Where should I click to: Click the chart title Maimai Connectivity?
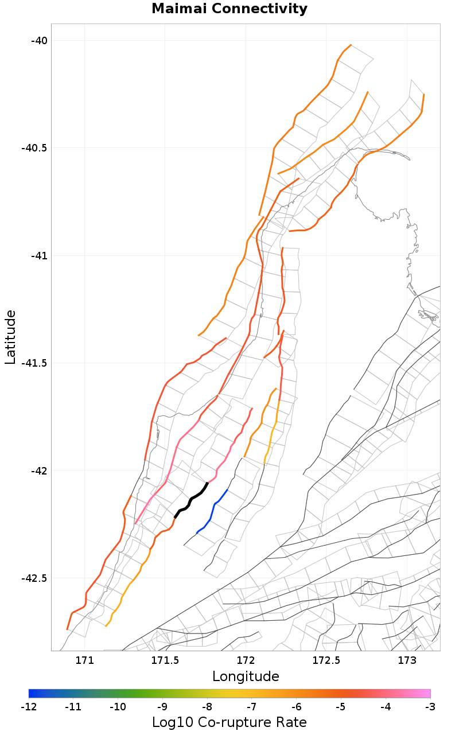229,9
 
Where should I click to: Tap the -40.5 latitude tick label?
34,148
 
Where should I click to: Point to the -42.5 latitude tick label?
34,578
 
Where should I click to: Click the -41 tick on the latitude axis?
39,255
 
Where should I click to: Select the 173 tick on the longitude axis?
407,660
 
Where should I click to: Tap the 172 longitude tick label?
246,660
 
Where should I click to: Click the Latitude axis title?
10,337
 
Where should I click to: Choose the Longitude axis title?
246,676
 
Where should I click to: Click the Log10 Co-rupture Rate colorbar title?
229,722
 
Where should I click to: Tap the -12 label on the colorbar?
29,706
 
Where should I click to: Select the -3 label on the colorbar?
430,706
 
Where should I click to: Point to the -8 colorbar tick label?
207,706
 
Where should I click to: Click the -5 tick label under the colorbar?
341,706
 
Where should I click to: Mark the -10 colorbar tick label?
118,706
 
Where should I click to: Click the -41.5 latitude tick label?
34,363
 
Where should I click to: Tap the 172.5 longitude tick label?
326,660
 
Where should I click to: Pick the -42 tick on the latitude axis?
39,470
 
